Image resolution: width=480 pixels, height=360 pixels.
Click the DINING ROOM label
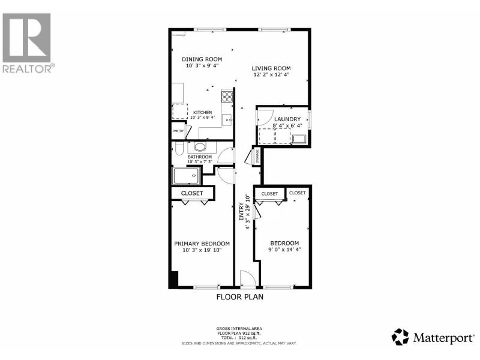(202, 59)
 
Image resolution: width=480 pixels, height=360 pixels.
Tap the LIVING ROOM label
(271, 68)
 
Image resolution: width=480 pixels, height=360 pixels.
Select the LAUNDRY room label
(287, 119)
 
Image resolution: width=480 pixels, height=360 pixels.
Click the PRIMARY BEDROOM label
(202, 244)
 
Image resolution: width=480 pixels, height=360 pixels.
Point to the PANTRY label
(178, 131)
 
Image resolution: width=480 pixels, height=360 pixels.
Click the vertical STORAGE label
(257, 157)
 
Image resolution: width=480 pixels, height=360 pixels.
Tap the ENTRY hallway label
(242, 212)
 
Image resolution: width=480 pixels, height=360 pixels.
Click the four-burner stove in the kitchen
(227, 97)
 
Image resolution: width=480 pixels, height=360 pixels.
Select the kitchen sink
(227, 120)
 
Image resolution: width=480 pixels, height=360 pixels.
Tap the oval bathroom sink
(200, 147)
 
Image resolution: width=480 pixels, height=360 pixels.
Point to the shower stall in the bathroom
(187, 176)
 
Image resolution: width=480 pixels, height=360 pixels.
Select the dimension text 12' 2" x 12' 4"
(271, 74)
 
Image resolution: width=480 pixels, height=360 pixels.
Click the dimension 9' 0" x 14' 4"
(284, 250)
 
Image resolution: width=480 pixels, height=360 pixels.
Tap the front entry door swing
(248, 279)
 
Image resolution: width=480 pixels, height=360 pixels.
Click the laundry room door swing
(265, 117)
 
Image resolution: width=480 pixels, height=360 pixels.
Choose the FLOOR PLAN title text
(239, 296)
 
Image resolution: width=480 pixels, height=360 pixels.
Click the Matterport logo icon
(400, 337)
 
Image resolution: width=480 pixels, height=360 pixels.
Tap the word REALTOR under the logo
(27, 68)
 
